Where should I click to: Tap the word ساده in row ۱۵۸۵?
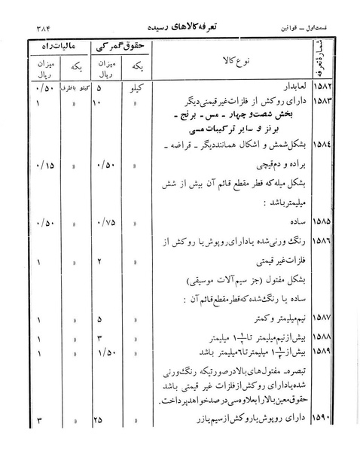tap(288, 224)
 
